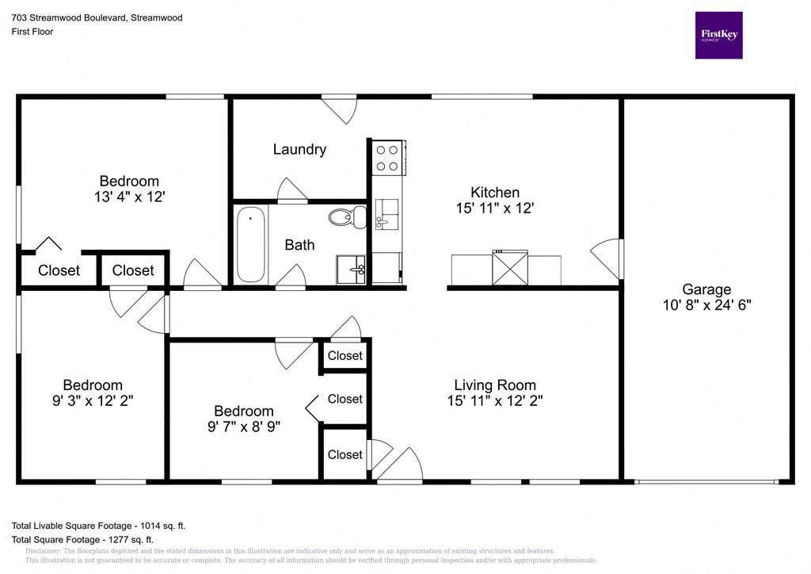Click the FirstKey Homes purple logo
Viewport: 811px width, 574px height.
point(718,35)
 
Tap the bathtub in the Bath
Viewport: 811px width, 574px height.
point(251,244)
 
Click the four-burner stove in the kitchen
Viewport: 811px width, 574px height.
point(387,157)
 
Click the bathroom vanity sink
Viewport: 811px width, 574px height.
point(351,270)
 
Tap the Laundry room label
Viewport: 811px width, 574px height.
point(299,149)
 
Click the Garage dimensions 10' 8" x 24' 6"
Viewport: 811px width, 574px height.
point(707,304)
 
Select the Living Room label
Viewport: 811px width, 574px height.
point(494,385)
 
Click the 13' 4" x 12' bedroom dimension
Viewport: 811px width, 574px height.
point(128,197)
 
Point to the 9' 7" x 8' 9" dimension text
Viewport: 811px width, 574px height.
point(243,426)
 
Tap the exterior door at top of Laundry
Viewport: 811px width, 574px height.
point(339,109)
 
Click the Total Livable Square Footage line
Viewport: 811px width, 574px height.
point(98,526)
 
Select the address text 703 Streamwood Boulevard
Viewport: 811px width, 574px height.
point(97,17)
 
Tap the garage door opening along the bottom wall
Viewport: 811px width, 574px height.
point(706,480)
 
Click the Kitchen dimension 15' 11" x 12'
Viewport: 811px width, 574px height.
point(495,209)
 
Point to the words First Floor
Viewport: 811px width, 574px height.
point(32,32)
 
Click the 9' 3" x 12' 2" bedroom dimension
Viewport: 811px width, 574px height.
point(93,400)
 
